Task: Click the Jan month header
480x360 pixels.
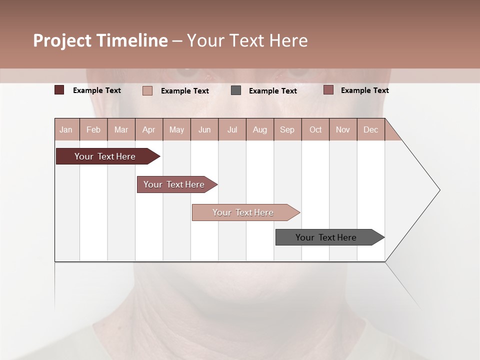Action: tap(66, 129)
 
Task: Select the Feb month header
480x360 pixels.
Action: tap(93, 129)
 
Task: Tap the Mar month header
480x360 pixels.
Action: tap(121, 129)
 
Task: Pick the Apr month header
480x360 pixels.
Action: tap(149, 129)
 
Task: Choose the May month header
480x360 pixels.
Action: tap(176, 129)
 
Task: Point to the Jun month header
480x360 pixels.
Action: tap(204, 129)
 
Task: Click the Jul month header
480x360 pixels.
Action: tap(232, 129)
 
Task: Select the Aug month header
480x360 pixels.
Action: tap(260, 129)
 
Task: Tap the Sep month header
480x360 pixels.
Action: tap(287, 129)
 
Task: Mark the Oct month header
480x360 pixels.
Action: tap(315, 129)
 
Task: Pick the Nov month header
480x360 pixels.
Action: tap(343, 129)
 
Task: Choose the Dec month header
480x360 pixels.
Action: tap(371, 129)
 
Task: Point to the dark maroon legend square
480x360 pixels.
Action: tap(59, 90)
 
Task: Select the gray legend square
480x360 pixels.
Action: tap(236, 90)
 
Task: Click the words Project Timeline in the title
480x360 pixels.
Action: tap(100, 40)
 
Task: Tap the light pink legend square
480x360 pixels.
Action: tap(147, 90)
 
